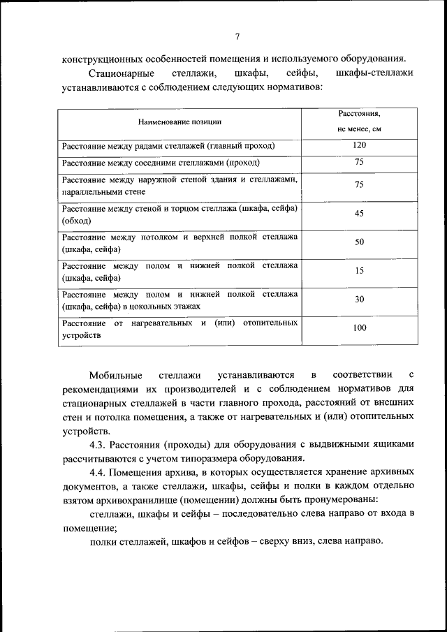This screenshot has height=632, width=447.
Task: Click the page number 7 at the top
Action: (237, 37)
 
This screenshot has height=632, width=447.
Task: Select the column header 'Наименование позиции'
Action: (179, 122)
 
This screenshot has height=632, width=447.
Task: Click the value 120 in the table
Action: (359, 145)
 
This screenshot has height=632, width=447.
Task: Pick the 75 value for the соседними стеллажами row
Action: (359, 163)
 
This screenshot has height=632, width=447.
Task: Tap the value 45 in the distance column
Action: (359, 214)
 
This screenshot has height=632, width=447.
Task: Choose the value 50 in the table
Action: (359, 242)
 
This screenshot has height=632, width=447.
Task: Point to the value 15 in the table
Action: (359, 271)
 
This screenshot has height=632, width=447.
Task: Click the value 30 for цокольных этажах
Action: (359, 299)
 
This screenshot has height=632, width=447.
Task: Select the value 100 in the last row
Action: (359, 328)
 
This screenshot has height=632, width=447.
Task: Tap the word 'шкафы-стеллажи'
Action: (375, 74)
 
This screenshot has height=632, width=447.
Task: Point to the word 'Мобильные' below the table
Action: (116, 376)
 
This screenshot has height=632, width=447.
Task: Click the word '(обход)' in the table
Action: (77, 221)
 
